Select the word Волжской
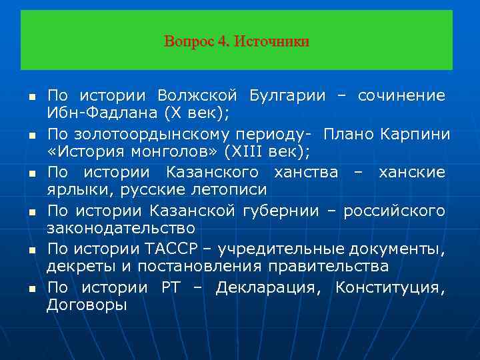pos(198,95)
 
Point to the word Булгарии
pos(287,95)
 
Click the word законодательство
pos(121,227)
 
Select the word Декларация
pos(271,289)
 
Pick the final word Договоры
pos(87,305)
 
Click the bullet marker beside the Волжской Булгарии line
pos(31,97)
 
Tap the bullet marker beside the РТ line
pos(31,290)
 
